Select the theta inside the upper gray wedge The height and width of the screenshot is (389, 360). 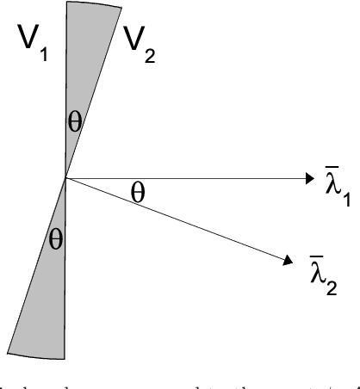(x=76, y=122)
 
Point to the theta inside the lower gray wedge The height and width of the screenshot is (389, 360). (x=57, y=238)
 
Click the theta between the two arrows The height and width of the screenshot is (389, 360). (x=162, y=193)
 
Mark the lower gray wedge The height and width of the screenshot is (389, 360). (x=48, y=284)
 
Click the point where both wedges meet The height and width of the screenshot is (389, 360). (x=65, y=178)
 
